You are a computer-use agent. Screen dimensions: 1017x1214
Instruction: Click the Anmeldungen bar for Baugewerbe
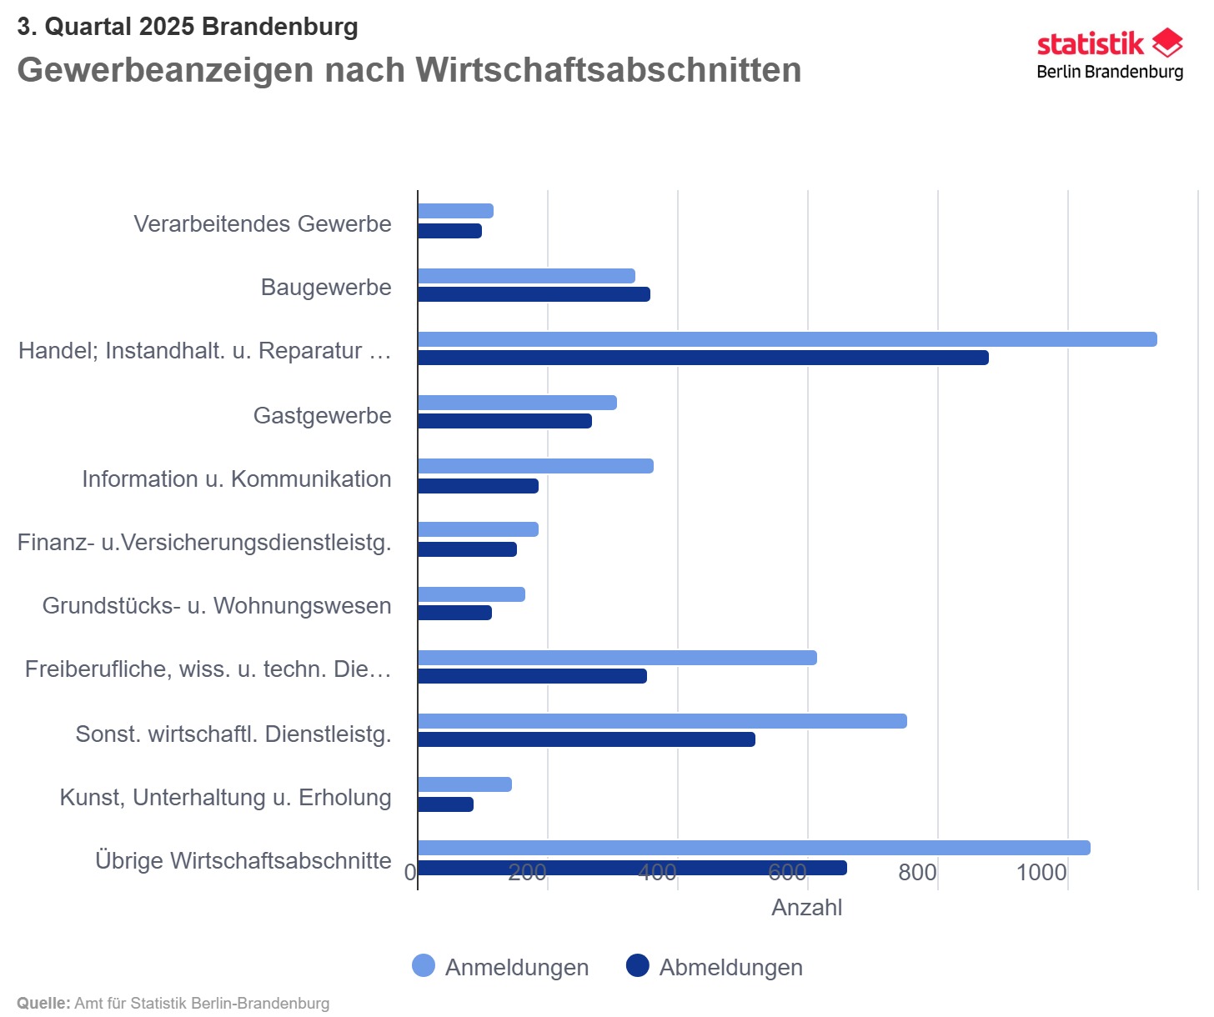point(526,276)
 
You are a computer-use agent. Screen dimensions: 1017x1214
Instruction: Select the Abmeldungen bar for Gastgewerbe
point(504,421)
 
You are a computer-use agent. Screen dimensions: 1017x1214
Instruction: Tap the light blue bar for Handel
point(787,339)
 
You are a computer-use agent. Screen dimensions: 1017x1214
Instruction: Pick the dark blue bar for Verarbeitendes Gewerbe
point(449,231)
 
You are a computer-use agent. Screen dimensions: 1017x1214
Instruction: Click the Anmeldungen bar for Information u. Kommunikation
point(535,466)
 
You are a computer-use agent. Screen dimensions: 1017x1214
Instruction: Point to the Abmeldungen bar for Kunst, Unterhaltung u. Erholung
point(445,804)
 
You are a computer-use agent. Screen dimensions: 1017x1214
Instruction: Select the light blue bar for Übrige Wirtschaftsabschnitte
point(754,848)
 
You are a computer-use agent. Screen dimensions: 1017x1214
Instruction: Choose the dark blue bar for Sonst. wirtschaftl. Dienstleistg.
point(586,739)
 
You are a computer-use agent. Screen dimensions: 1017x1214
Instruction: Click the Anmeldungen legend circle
point(424,966)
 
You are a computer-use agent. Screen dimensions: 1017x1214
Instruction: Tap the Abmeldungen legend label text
point(730,968)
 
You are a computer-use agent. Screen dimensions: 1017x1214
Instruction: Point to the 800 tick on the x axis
point(917,873)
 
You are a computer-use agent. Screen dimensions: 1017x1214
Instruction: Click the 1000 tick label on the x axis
point(1041,873)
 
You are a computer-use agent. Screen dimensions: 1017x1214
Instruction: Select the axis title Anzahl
point(806,908)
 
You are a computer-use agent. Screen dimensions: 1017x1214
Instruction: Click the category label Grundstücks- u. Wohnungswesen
point(217,606)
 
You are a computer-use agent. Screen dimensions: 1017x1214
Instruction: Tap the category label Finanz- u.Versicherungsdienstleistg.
point(204,543)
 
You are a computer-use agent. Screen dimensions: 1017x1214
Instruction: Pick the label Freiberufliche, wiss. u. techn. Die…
point(208,669)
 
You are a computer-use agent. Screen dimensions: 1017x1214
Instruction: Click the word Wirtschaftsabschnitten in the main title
point(609,70)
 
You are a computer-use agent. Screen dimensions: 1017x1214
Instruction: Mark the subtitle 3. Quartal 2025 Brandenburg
point(188,27)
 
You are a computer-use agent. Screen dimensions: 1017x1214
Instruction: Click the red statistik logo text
point(1090,43)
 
